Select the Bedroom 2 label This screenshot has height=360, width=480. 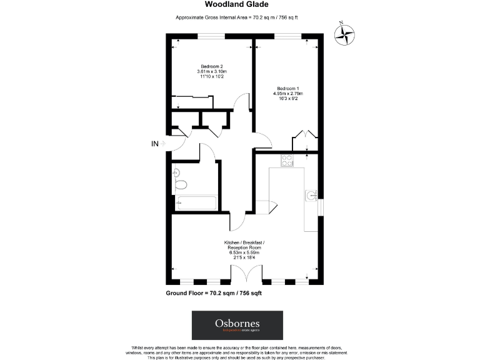point(212,66)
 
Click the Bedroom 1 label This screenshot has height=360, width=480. point(288,88)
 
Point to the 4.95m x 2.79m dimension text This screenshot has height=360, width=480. point(288,94)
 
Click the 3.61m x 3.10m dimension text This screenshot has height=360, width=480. point(212,72)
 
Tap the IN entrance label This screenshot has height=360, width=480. point(155,144)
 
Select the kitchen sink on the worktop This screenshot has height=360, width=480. point(311,196)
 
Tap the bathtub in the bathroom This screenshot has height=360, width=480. point(196,203)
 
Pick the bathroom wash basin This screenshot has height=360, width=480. point(176,172)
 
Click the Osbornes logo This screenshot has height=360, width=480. point(237,326)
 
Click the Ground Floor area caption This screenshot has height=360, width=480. point(217,293)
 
